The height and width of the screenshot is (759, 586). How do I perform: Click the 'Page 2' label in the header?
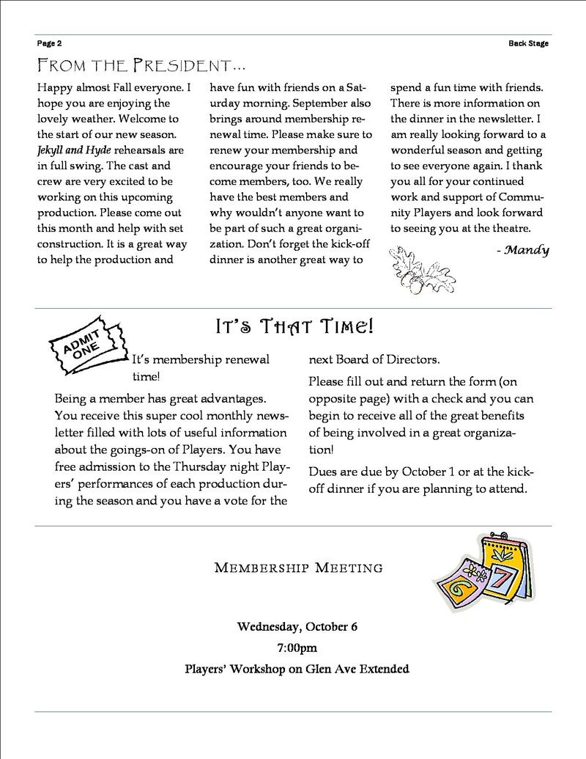click(x=49, y=43)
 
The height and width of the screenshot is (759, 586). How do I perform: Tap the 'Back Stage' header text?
click(x=528, y=43)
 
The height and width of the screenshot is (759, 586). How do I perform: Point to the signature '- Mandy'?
click(x=522, y=250)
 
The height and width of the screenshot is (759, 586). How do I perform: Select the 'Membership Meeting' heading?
click(x=298, y=568)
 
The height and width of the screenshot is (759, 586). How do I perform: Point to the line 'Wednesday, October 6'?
click(x=297, y=627)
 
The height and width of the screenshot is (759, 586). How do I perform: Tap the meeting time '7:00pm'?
click(x=297, y=648)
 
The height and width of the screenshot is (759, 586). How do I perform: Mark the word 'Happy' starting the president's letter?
click(x=54, y=87)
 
